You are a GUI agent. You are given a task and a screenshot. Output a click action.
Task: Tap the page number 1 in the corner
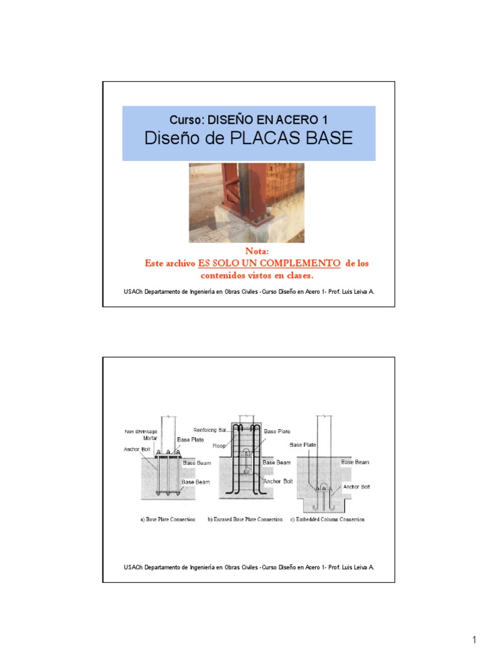pos(474,641)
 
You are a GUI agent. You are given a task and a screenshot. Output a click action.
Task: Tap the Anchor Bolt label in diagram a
pos(136,447)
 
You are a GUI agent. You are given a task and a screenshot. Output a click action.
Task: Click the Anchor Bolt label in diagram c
pos(356,486)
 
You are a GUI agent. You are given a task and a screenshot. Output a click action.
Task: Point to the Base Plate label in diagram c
pos(303,445)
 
